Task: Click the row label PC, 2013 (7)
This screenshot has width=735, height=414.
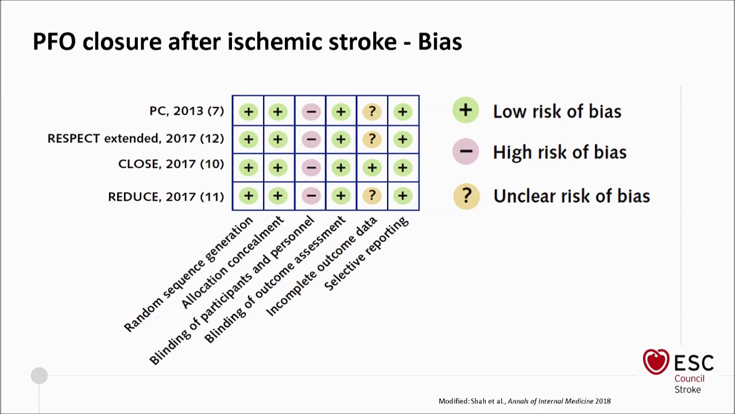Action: tap(187, 111)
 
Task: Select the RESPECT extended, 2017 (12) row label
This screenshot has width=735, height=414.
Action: tap(136, 139)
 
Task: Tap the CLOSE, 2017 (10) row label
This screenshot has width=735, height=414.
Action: tap(171, 164)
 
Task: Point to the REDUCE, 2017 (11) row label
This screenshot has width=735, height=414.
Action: tap(165, 197)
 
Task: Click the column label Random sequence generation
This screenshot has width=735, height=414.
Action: tap(188, 274)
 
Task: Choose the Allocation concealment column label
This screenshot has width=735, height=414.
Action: tap(232, 262)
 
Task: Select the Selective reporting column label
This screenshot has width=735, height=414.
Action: tap(366, 254)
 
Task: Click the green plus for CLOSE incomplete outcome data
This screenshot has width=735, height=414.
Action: tap(372, 168)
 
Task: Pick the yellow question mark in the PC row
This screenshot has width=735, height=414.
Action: tap(372, 112)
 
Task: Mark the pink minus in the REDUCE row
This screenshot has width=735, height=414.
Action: tap(311, 196)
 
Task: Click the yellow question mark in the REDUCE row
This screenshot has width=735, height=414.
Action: tap(372, 196)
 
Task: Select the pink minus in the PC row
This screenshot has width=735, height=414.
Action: tap(311, 112)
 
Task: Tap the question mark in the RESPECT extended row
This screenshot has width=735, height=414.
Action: tap(372, 139)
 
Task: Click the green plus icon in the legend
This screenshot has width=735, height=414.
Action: tap(465, 110)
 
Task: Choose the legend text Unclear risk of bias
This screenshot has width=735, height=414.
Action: tap(571, 196)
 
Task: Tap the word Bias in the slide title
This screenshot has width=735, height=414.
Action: tap(439, 42)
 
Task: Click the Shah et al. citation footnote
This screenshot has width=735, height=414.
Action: tap(524, 401)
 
